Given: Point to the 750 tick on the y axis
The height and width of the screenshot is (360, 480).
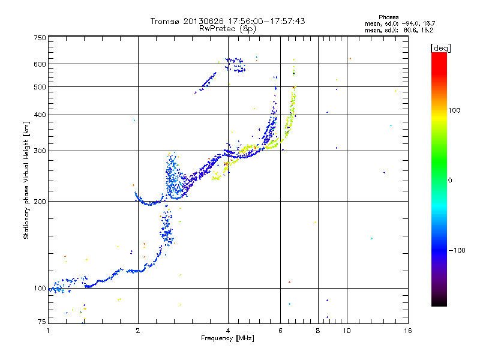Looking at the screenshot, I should pyautogui.click(x=40, y=38).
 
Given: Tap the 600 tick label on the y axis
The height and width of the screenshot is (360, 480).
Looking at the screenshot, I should pyautogui.click(x=40, y=64).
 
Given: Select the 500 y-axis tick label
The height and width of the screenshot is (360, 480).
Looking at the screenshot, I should pyautogui.click(x=40, y=87).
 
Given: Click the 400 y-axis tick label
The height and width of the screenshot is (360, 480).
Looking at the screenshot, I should pyautogui.click(x=40, y=115).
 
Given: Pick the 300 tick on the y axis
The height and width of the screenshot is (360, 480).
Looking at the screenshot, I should pyautogui.click(x=40, y=151).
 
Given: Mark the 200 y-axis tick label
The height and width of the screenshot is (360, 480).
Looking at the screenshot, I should pyautogui.click(x=40, y=202).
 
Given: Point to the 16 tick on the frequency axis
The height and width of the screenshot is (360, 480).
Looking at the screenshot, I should pyautogui.click(x=407, y=331).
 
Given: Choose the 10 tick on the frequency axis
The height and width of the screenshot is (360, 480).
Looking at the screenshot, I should pyautogui.click(x=346, y=331).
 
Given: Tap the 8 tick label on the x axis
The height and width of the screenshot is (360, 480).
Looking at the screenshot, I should pyautogui.click(x=318, y=331).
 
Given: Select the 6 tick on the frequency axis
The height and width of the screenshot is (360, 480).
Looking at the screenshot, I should pyautogui.click(x=280, y=331).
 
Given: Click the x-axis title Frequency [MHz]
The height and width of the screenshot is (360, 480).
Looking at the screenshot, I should pyautogui.click(x=227, y=338).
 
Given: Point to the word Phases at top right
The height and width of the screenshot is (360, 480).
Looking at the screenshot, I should pyautogui.click(x=391, y=17).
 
